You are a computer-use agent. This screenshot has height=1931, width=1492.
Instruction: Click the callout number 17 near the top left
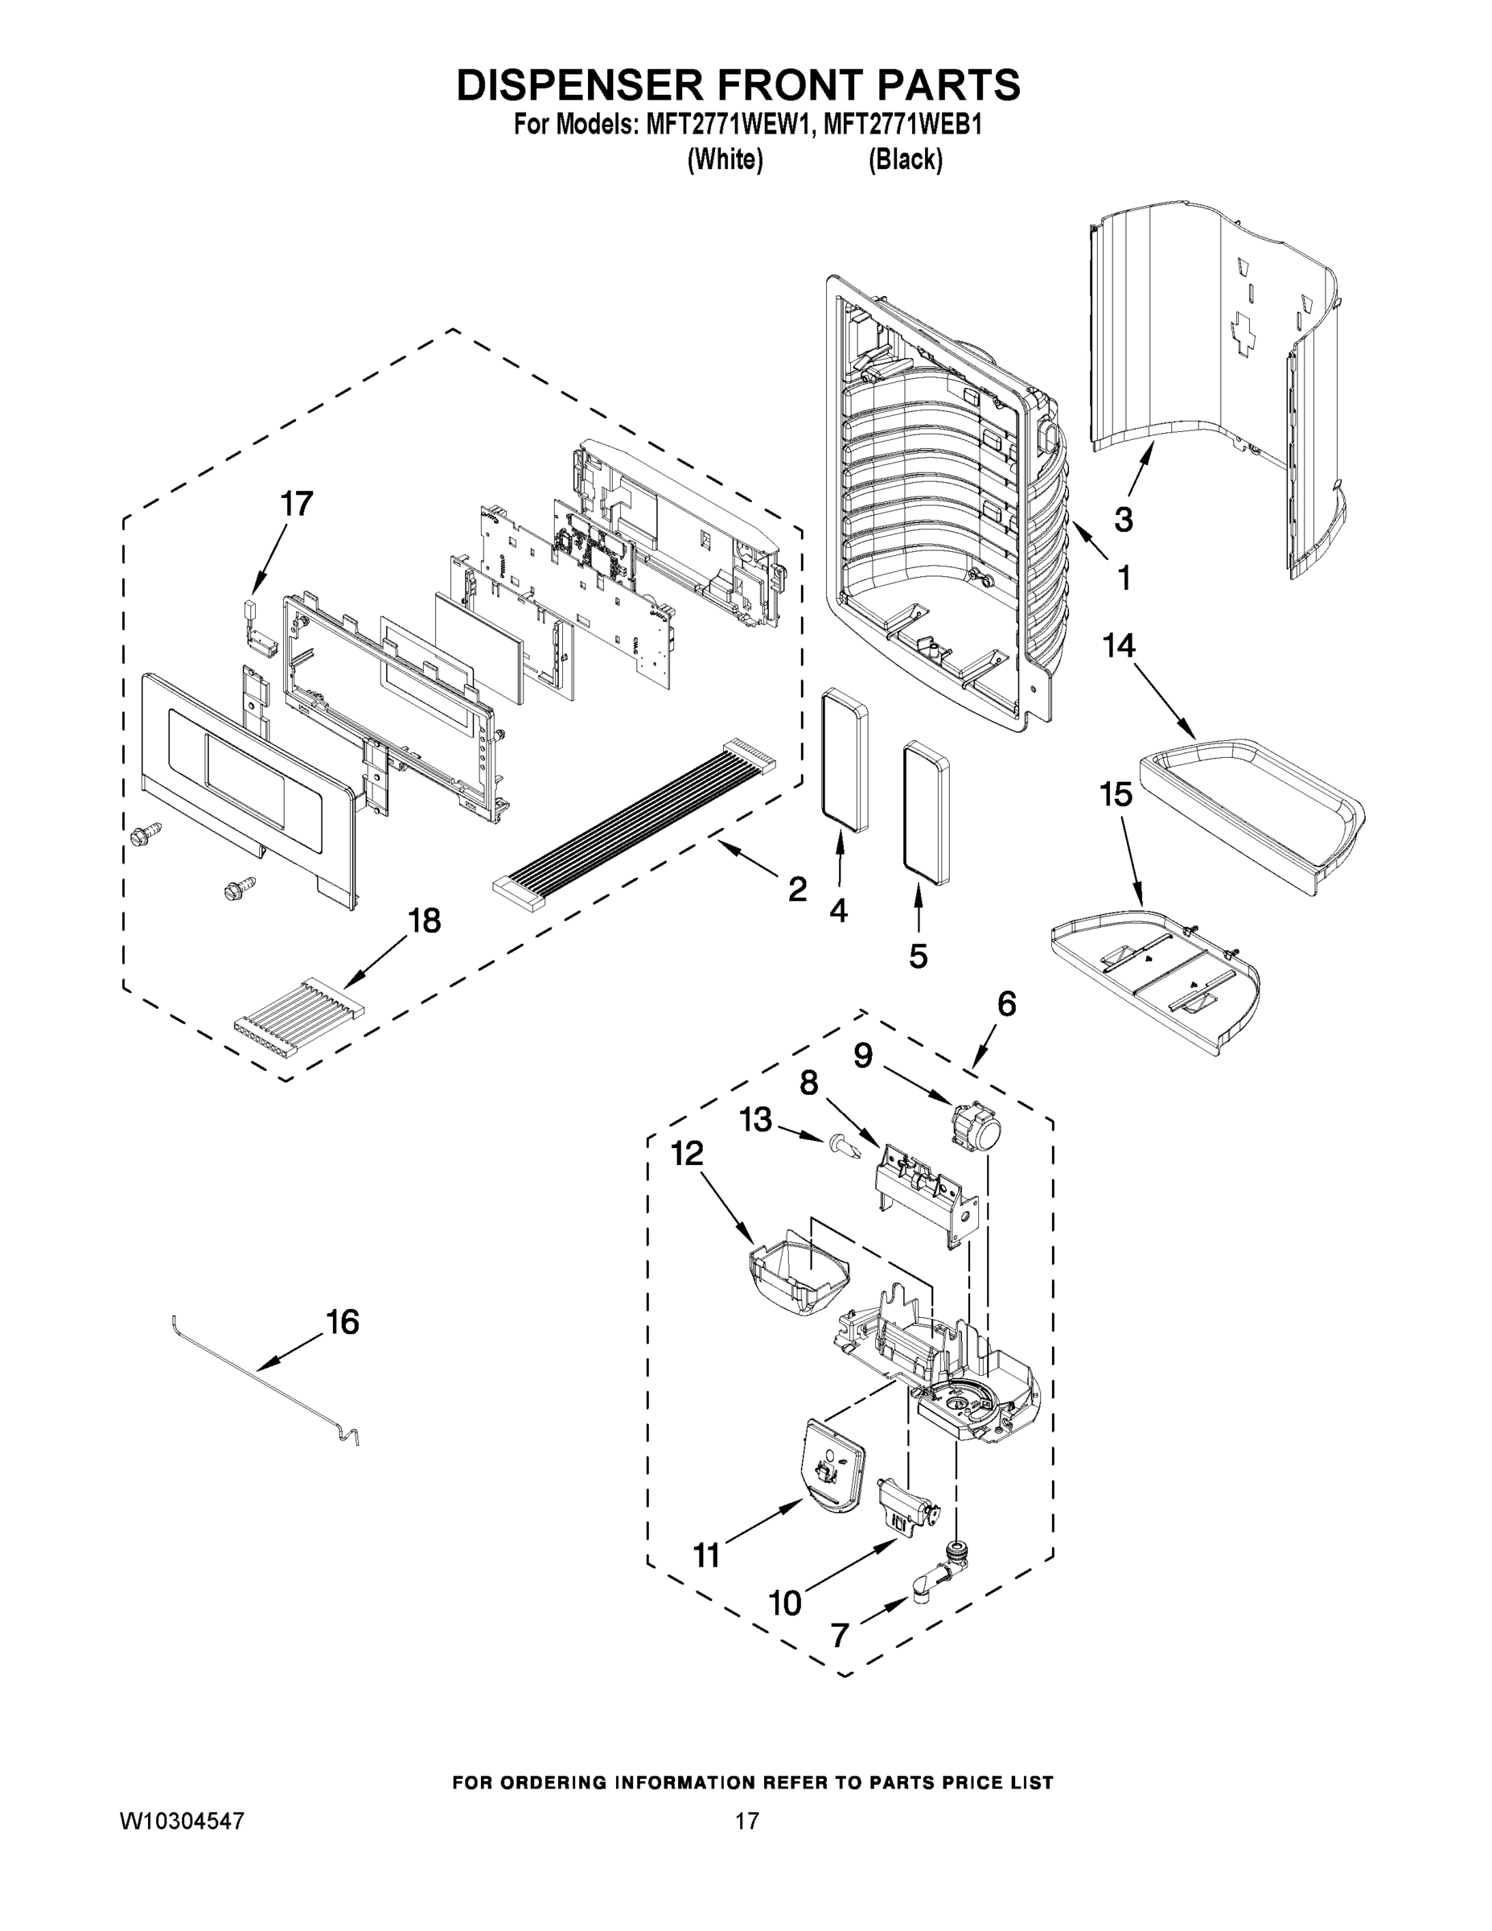(296, 504)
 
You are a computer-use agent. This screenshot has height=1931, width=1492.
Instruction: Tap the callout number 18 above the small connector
(423, 921)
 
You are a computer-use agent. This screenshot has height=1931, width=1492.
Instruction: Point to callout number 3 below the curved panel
(1123, 519)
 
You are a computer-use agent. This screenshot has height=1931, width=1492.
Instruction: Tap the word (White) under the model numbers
(725, 160)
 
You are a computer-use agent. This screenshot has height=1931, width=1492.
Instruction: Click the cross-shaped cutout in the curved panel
(1244, 334)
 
